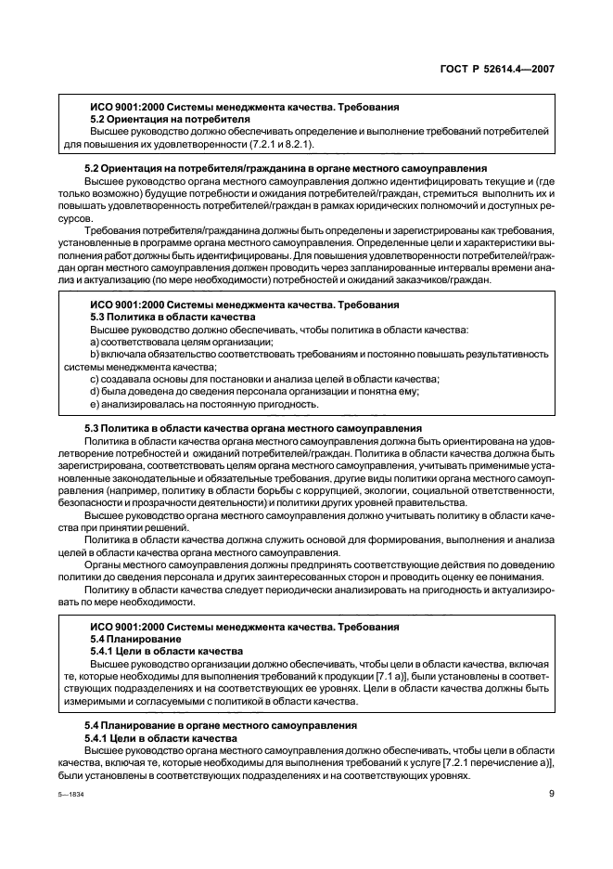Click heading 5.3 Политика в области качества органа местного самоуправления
tap(240, 428)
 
